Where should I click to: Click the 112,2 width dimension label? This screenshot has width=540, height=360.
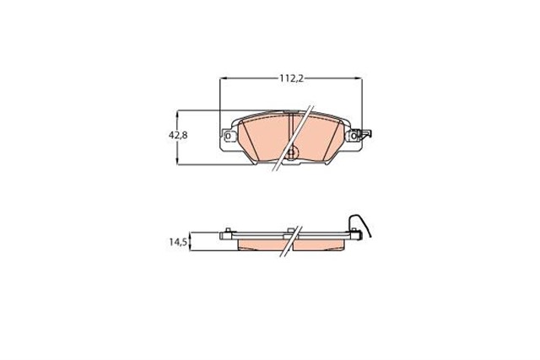[291, 78]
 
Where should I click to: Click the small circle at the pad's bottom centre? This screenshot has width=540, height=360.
[292, 153]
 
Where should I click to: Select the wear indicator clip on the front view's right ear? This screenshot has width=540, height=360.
[365, 134]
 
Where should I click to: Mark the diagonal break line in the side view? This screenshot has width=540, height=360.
[291, 239]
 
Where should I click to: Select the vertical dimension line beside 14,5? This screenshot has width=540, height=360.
[192, 241]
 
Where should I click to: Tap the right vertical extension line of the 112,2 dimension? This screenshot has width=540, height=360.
[362, 101]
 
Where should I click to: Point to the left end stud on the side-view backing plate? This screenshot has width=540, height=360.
[229, 232]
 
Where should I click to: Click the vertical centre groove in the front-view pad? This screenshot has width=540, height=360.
[289, 131]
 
